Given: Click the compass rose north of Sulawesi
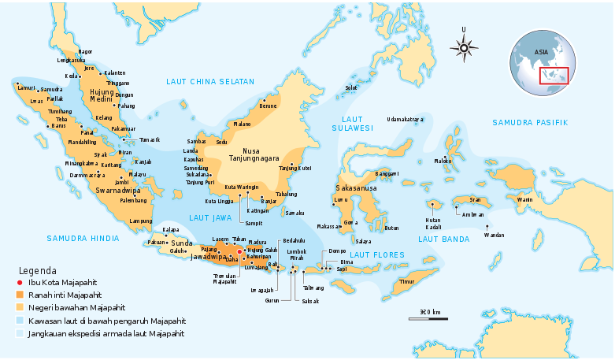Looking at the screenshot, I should click(464, 47).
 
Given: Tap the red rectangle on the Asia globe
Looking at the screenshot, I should click(554, 75).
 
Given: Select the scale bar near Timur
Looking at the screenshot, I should click(429, 318).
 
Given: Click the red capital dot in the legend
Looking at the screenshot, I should click(20, 282).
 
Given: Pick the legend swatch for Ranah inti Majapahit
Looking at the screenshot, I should click(20, 295).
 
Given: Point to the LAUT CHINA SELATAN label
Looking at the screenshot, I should click(210, 81).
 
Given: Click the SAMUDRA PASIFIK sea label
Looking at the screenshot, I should click(529, 122).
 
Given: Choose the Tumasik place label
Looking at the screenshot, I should click(150, 139).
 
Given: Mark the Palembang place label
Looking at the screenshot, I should click(133, 201).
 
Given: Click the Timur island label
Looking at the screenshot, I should click(406, 281).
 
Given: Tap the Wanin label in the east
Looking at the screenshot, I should click(524, 199).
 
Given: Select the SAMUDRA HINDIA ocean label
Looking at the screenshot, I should click(83, 238).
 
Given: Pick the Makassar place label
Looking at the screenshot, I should click(328, 225).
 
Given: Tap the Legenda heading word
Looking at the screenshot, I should click(37, 269).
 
